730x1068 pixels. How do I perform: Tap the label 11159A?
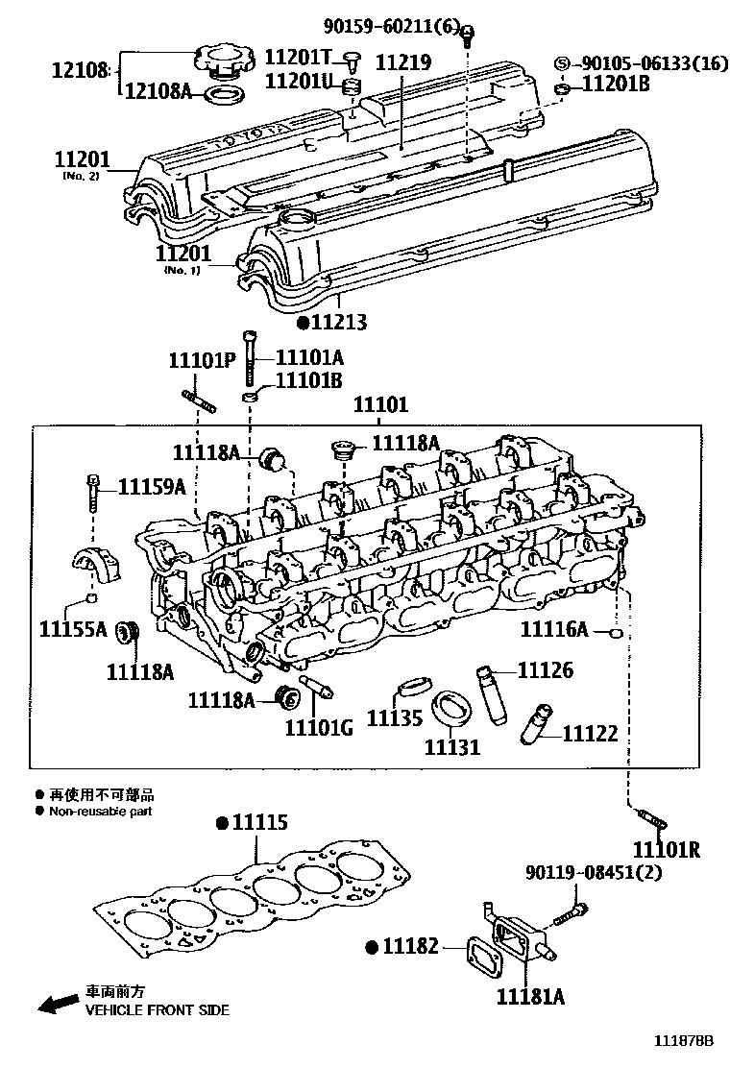[152, 487]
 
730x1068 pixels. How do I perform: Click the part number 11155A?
[73, 630]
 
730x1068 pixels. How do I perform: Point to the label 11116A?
[554, 629]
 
